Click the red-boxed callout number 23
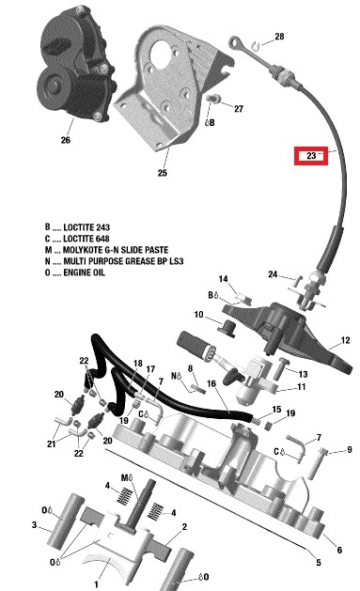tap(311, 156)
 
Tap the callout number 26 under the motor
tap(65, 140)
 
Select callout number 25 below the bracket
tap(162, 173)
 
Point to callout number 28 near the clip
tap(279, 37)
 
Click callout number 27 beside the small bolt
tap(239, 109)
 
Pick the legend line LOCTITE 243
tap(77, 227)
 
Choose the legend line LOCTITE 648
tap(77, 239)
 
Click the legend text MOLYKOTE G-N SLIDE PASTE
tap(116, 250)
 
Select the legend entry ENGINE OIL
tap(84, 272)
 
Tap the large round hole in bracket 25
tap(161, 55)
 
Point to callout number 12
tap(345, 340)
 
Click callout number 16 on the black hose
tap(211, 383)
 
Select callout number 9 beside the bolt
tap(350, 450)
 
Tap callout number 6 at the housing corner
tap(339, 550)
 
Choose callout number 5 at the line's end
tap(319, 563)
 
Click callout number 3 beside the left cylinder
tap(34, 524)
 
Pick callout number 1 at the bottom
tap(96, 584)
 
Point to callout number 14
tap(223, 279)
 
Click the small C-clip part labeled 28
tap(257, 45)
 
